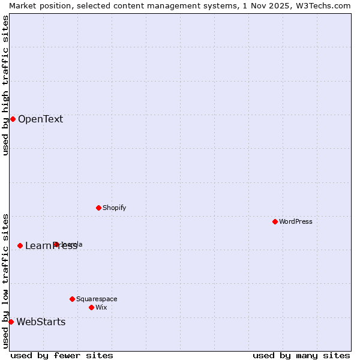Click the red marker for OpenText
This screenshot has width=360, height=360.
[13, 119]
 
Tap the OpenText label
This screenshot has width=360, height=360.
[40, 119]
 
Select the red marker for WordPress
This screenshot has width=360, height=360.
[275, 221]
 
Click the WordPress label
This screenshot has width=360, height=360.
[295, 221]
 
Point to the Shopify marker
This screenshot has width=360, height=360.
[98, 208]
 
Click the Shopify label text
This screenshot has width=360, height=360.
[114, 208]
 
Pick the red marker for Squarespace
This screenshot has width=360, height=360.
[72, 299]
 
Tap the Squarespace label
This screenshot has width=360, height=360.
[97, 299]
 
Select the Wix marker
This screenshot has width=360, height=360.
[91, 307]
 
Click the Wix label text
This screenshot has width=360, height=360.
[101, 307]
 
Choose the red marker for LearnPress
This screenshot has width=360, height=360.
[20, 245]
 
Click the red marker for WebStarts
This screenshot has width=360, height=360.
[11, 322]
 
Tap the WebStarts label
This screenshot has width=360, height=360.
[41, 322]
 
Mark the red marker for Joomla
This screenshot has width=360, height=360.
[56, 244]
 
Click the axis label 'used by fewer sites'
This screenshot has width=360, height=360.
[62, 355]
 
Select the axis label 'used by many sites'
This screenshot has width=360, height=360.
[301, 355]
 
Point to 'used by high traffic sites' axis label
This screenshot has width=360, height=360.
[5, 85]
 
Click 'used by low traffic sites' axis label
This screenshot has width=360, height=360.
[5, 280]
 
